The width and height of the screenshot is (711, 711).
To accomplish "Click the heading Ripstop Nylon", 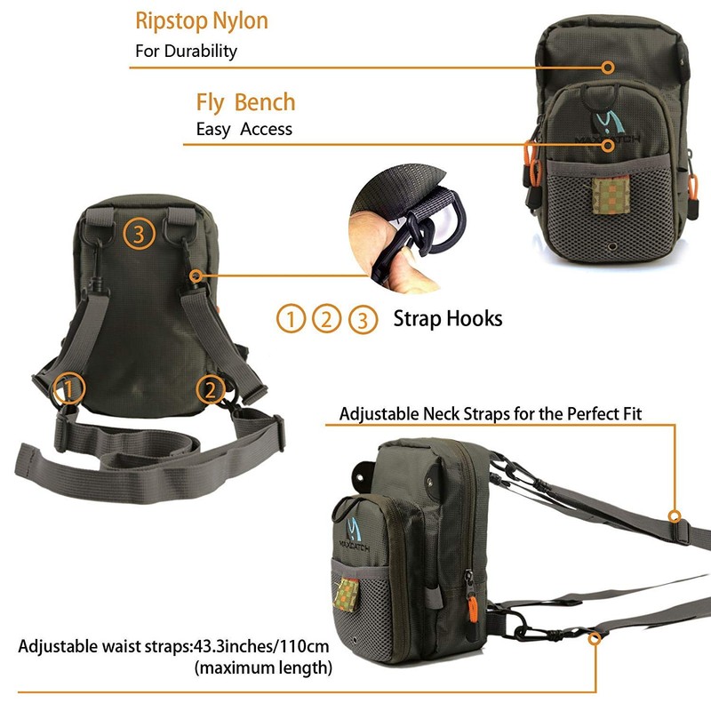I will tap(201, 20).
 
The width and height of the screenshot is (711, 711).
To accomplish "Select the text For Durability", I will tap(186, 51).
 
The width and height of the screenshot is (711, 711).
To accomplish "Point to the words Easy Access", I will tap(244, 129).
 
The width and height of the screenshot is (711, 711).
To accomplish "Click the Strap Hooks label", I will tap(447, 318).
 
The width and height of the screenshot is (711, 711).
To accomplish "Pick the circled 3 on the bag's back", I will tap(140, 235).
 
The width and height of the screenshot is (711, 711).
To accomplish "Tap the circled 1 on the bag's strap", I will tap(70, 387).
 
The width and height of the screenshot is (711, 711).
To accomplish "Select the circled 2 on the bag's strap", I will tap(211, 388).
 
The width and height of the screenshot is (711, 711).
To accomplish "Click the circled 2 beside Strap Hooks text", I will tap(327, 318).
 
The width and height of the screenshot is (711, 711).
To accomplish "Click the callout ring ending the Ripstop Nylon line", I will tap(608, 68).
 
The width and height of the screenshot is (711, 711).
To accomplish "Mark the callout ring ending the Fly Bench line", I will tap(608, 144).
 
